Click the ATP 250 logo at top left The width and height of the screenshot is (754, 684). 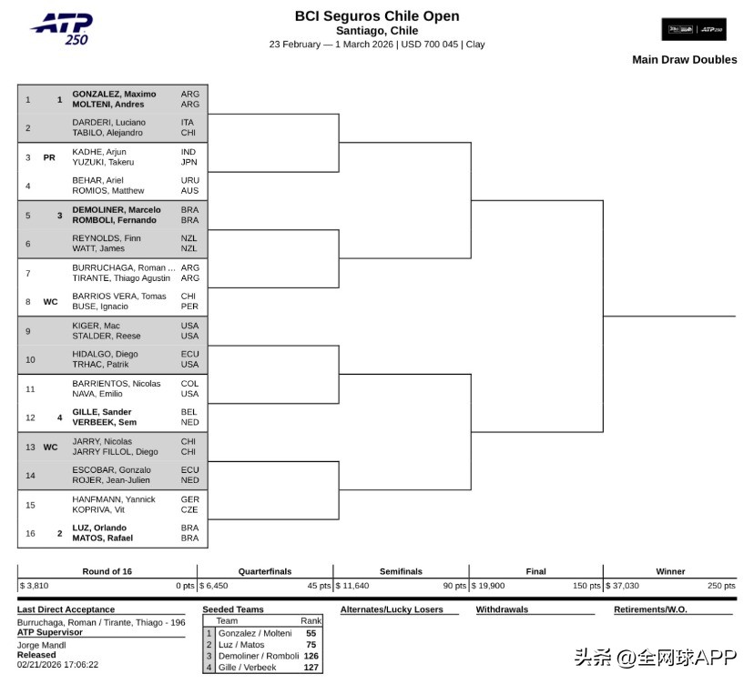(x=61, y=28)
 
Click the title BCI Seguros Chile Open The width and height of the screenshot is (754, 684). (x=377, y=15)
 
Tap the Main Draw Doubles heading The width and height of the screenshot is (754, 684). (x=684, y=60)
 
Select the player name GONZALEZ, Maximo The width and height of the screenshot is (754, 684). (x=114, y=94)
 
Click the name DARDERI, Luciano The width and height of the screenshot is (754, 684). (x=108, y=122)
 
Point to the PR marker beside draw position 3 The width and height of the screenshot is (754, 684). (x=49, y=157)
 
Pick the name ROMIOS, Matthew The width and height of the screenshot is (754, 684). (x=108, y=190)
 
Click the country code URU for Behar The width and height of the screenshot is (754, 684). (x=189, y=180)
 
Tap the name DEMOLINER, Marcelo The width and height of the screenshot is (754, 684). (x=117, y=209)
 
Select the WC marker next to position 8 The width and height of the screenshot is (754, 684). (x=50, y=302)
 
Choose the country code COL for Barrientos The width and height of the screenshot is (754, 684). (x=189, y=383)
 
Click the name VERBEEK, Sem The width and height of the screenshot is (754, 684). (x=104, y=422)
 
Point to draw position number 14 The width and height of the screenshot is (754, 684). (x=30, y=476)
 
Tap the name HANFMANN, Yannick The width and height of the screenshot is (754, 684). (x=114, y=499)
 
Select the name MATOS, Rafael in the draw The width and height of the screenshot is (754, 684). (x=103, y=538)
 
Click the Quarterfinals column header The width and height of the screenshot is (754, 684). (x=265, y=571)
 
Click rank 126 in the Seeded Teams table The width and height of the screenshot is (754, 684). (x=311, y=656)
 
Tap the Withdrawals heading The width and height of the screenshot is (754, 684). (x=502, y=609)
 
